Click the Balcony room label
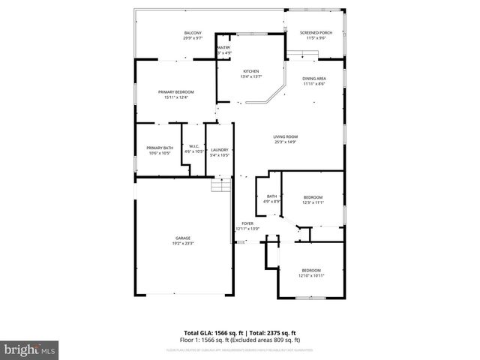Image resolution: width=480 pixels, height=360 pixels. coord(193,33)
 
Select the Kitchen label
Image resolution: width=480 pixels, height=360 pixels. coord(250,71)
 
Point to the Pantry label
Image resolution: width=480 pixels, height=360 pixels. coord(224,48)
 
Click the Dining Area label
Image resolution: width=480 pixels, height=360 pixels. coord(314,79)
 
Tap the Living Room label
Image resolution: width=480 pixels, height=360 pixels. coord(286,136)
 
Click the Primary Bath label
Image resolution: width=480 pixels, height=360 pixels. coord(160,148)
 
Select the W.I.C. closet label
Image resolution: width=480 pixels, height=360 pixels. coord(193,146)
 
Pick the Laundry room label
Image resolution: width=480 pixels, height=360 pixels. coord(219,148)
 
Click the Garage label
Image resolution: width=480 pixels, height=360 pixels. coord(183,238)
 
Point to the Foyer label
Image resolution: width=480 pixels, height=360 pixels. coord(247,223)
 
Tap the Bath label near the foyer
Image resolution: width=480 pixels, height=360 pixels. coord(271,196)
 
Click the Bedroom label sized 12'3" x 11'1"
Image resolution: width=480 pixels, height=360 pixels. coord(312,198)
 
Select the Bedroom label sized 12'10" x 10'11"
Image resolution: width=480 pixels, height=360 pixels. coord(311,270)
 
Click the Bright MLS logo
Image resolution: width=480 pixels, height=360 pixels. coord(30,349)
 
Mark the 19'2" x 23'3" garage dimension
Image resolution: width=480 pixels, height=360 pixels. coord(183,243)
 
